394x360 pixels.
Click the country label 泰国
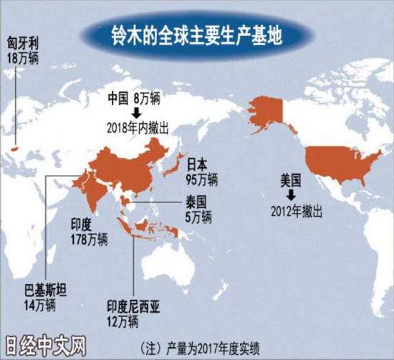pos(198,202)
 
